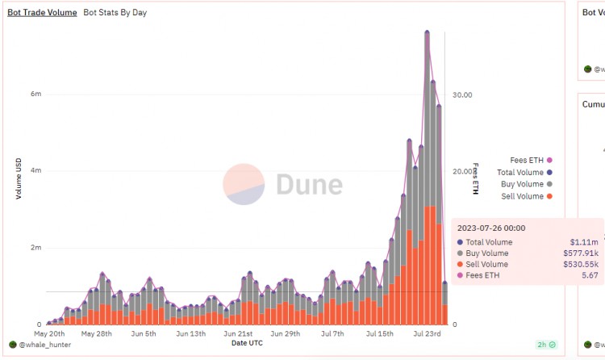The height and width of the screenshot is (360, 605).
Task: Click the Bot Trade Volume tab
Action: click(42, 13)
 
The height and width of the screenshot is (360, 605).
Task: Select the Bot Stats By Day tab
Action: click(115, 13)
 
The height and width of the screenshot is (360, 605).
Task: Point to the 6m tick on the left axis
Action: click(35, 94)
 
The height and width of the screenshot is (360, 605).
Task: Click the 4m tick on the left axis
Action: click(35, 171)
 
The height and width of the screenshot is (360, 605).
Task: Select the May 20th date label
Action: click(49, 333)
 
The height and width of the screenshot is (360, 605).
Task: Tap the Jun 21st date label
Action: click(238, 333)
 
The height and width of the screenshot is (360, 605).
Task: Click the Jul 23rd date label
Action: click(427, 333)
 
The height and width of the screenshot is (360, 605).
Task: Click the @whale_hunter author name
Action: click(36, 345)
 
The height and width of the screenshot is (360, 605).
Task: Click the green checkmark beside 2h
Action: click(552, 345)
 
